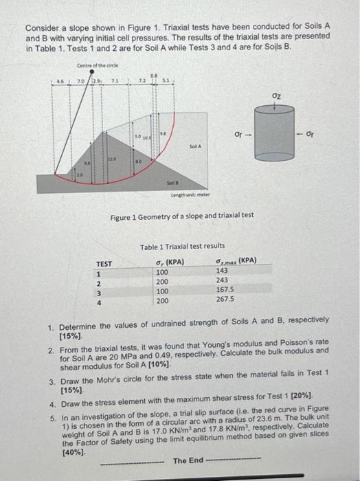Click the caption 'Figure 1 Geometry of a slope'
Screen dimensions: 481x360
pos(182,215)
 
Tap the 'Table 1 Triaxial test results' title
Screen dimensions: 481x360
pos(182,246)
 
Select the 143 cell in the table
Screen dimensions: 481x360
pos(223,271)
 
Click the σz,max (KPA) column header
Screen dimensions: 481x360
pos(236,261)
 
